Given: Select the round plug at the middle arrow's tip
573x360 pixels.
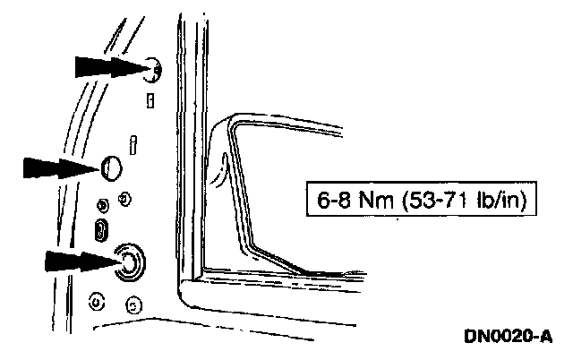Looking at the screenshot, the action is (111, 167).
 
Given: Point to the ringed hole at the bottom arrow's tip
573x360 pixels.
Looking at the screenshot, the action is (130, 261).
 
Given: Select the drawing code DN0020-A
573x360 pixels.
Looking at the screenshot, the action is (508, 337).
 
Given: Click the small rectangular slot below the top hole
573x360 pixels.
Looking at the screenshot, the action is (150, 100).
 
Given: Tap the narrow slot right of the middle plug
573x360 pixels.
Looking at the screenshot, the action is (133, 143).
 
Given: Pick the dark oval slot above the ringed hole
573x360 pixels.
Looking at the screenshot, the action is (103, 227).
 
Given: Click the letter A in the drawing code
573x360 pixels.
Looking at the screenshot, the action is (545, 337).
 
